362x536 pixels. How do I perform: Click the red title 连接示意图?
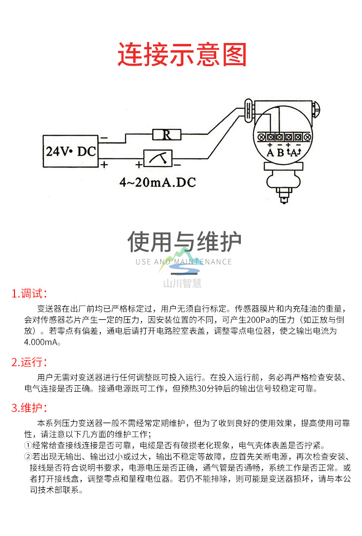point(182,54)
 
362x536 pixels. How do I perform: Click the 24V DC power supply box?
point(70,151)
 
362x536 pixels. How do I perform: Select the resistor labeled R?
point(167,135)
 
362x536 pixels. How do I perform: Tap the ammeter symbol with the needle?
point(158,158)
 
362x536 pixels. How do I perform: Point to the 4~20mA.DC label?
point(158,183)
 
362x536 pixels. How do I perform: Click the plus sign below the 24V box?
point(104,165)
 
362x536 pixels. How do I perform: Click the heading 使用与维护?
point(184,241)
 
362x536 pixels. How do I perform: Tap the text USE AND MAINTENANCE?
point(184,262)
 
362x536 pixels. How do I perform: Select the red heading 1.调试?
point(29,294)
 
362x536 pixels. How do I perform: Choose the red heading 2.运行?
point(29,362)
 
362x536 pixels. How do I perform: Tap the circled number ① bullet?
point(28,445)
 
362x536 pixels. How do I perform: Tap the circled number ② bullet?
point(28,456)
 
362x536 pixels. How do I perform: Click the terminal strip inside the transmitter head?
point(284,137)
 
